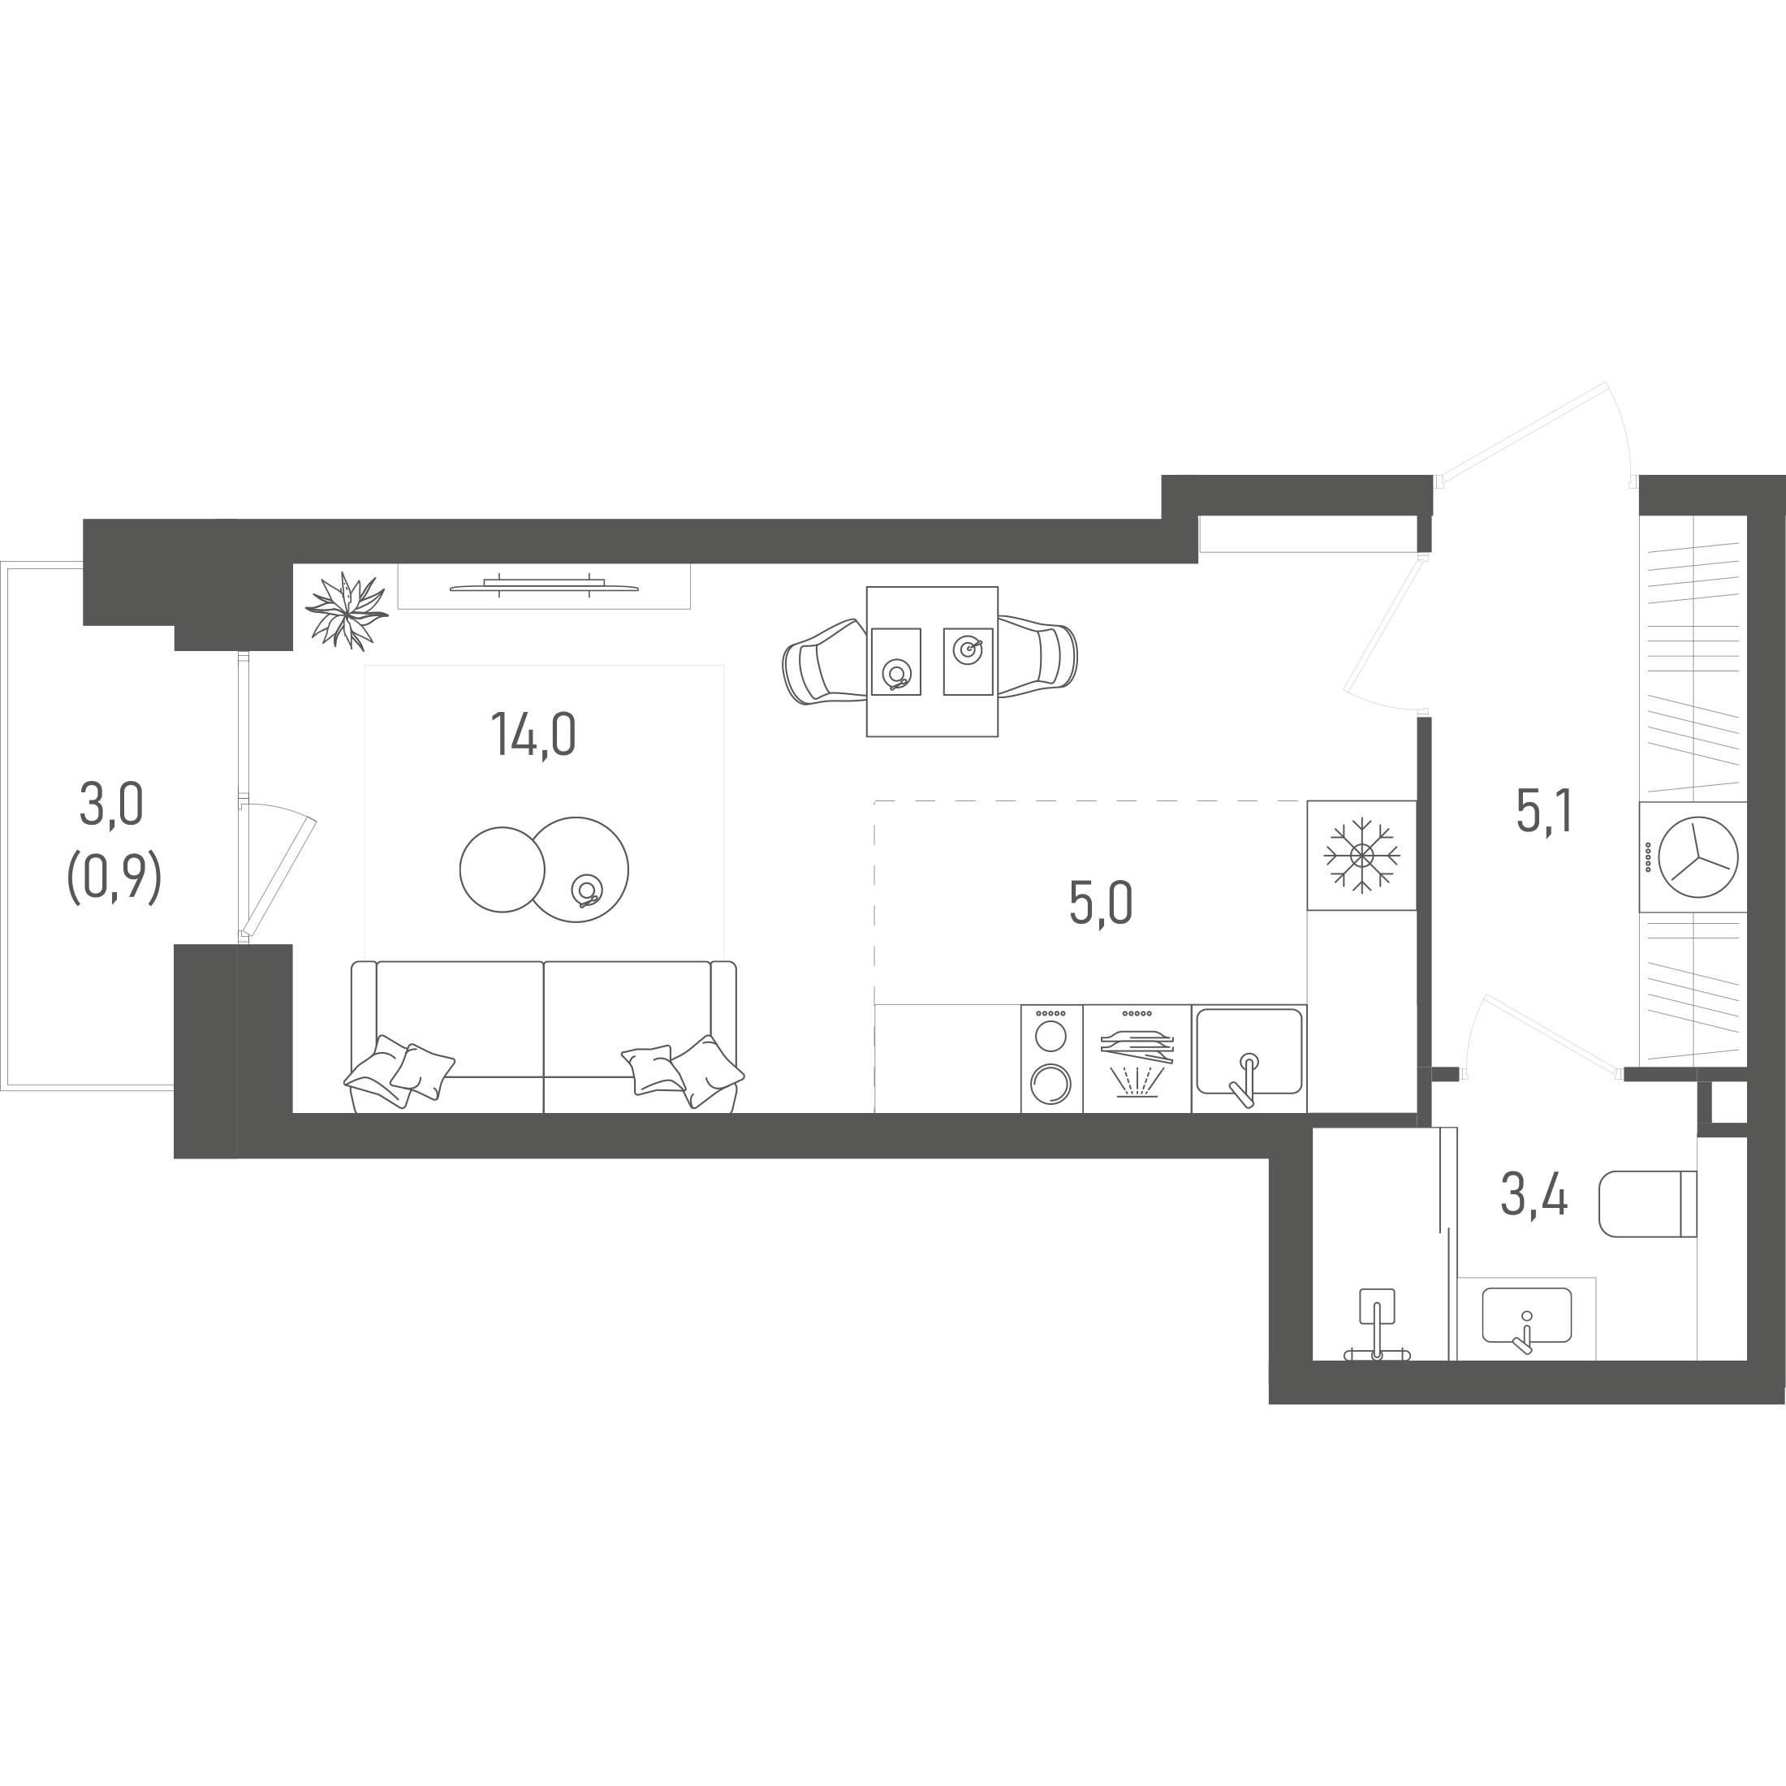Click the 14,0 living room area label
pyautogui.click(x=533, y=734)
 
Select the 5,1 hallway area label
pyautogui.click(x=1544, y=811)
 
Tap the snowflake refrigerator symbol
pyautogui.click(x=1361, y=855)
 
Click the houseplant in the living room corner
pyautogui.click(x=346, y=610)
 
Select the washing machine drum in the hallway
pyautogui.click(x=1698, y=857)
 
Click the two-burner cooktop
pyautogui.click(x=1051, y=1059)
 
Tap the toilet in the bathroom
pyautogui.click(x=1647, y=1204)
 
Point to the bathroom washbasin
pyautogui.click(x=1526, y=1314)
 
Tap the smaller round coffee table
pyautogui.click(x=502, y=869)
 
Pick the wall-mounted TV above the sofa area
pyautogui.click(x=544, y=585)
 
